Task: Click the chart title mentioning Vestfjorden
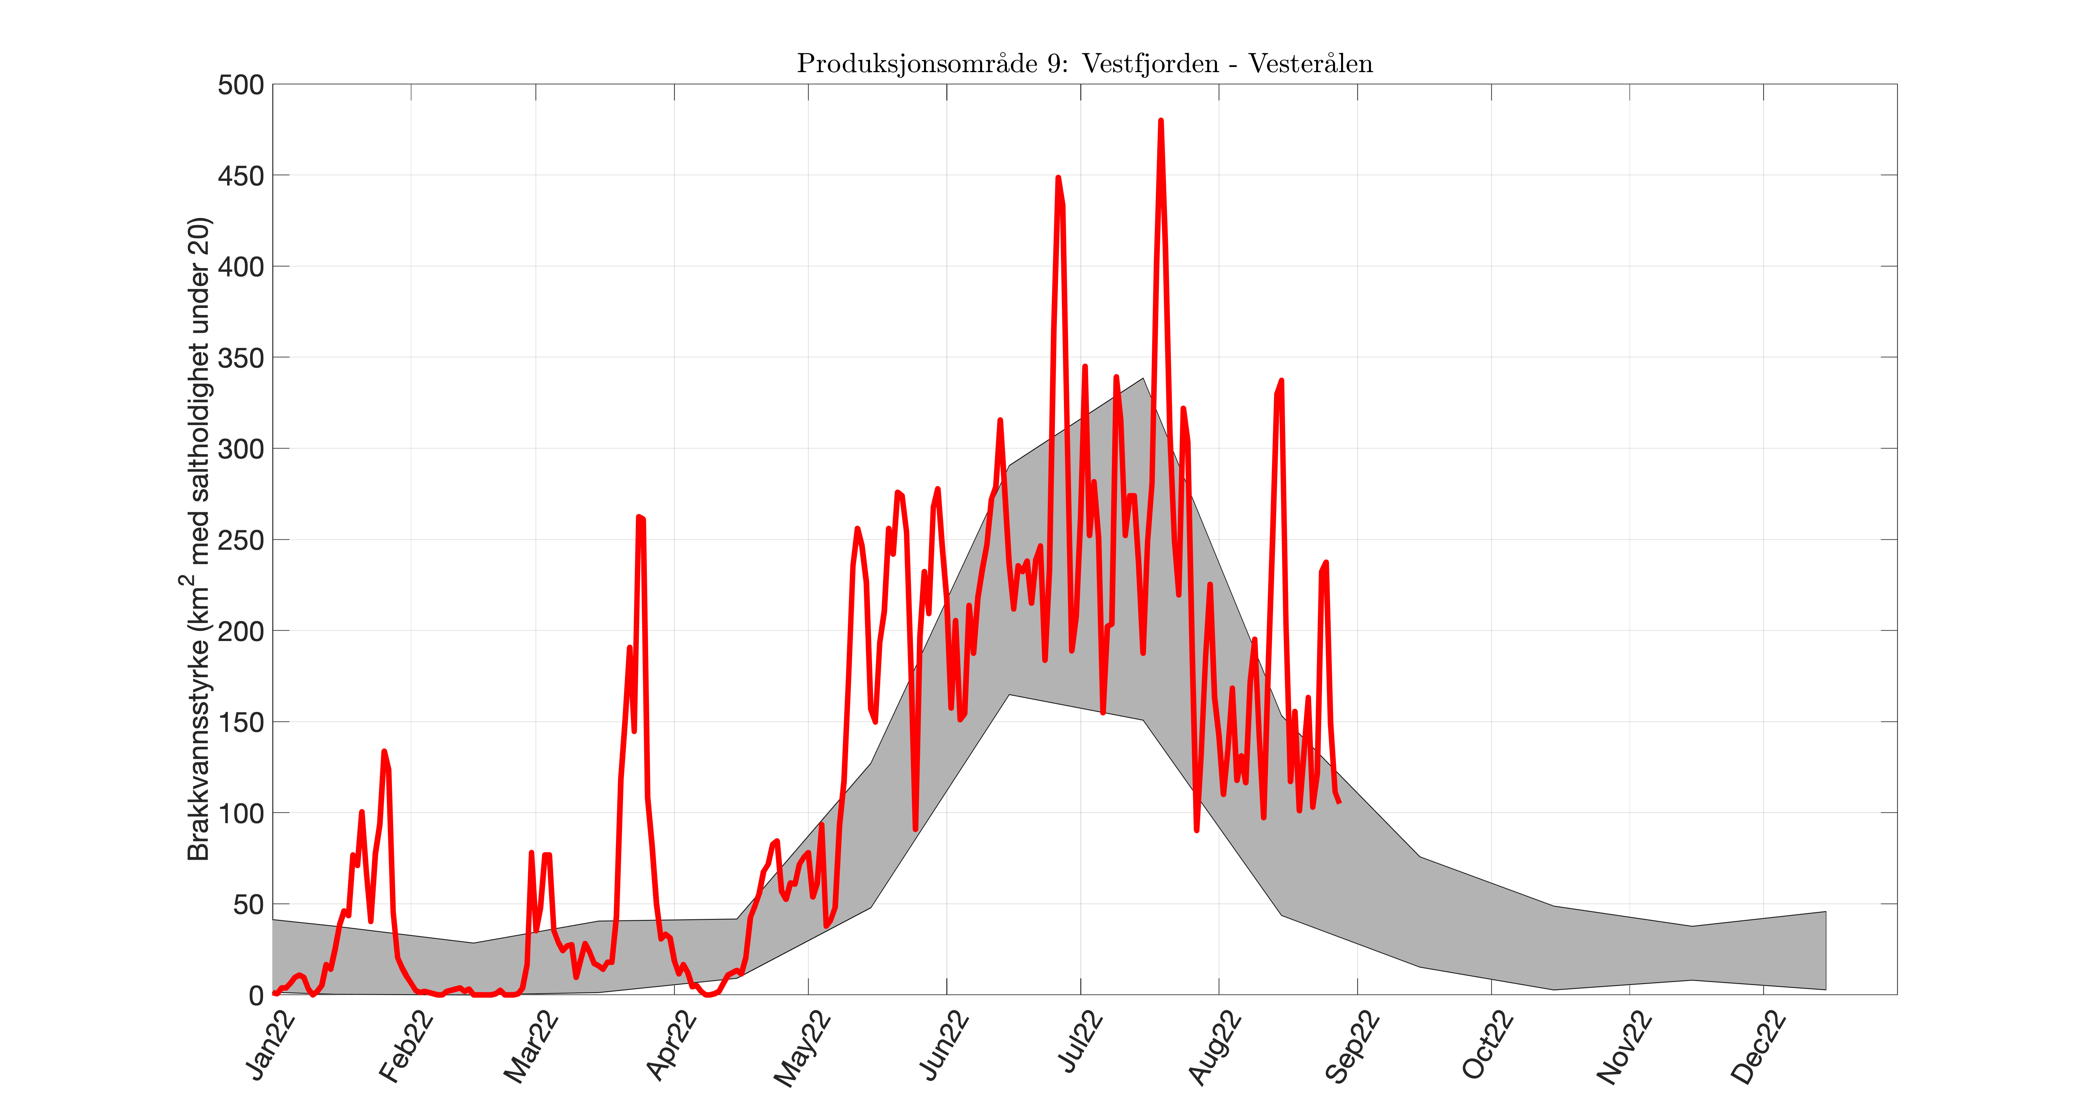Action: click(x=1084, y=63)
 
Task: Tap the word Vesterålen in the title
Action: click(x=1311, y=63)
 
